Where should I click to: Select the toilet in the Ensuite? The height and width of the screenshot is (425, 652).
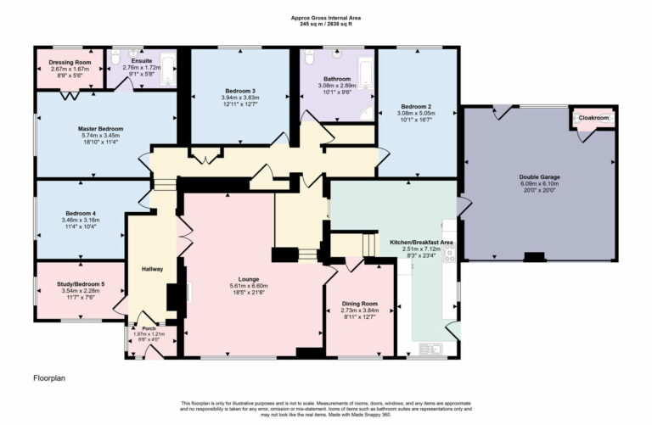coord(117,58)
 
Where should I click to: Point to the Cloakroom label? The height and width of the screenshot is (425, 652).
coord(593,118)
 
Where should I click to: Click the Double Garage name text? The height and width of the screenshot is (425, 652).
coord(539,177)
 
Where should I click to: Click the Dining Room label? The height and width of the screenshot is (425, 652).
coord(358,304)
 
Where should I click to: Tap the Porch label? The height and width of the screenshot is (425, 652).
coord(149,328)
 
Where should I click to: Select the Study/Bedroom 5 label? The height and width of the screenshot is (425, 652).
coord(77,284)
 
